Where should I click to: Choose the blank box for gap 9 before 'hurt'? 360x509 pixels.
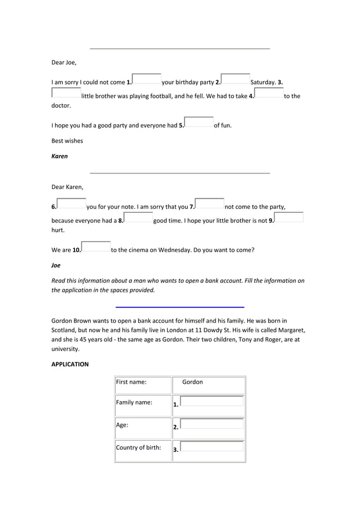289,218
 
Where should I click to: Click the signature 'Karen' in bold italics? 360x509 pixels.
60,156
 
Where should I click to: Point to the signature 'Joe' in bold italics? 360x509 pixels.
56,265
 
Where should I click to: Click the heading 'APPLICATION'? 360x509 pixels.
70,365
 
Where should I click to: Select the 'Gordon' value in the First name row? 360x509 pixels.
192,382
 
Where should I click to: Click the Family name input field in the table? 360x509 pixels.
212,402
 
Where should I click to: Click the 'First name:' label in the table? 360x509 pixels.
131,382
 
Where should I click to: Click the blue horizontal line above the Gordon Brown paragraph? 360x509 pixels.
179,306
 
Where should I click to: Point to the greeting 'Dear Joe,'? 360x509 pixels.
64,63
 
